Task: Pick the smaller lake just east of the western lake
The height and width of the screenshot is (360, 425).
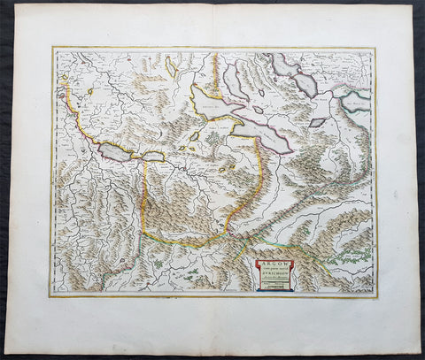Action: [152, 157]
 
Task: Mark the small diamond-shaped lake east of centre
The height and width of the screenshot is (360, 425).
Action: [316, 122]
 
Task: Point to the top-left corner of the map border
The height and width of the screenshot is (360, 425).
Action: [52, 47]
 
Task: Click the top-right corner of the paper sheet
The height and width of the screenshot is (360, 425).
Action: [413, 6]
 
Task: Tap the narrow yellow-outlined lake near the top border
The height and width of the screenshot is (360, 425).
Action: [169, 66]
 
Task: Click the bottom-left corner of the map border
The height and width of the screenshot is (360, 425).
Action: [50, 296]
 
